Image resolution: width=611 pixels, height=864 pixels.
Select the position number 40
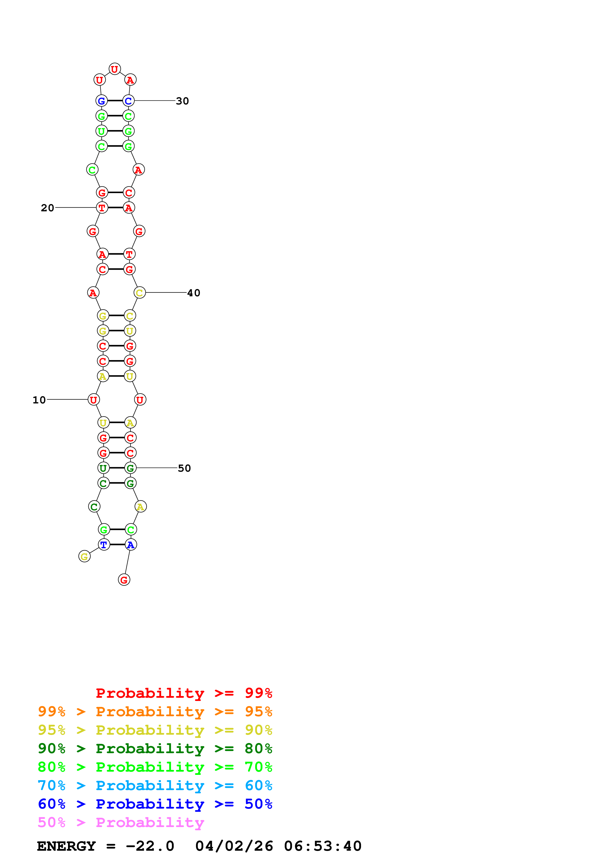tap(193, 293)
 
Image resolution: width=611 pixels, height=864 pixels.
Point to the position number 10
tap(39, 400)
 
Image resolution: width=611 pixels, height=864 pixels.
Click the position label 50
tap(184, 468)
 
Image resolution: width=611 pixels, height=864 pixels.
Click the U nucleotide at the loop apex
tap(114, 69)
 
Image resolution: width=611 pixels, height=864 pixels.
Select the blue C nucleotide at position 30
tap(128, 101)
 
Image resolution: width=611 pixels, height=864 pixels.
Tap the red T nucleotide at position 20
tap(102, 208)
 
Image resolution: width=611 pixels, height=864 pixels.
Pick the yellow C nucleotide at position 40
tap(139, 293)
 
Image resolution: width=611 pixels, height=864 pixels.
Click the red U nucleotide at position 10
tap(93, 400)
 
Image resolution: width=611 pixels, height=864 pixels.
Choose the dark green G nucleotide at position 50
tap(130, 468)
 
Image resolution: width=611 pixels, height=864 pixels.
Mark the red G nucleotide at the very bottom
tap(124, 580)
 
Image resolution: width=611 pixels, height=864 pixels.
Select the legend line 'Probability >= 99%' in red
tap(184, 693)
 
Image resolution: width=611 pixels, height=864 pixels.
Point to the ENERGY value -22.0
tap(150, 846)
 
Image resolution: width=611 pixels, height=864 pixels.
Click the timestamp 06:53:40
tap(323, 846)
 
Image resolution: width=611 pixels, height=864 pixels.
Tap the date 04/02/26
tap(234, 846)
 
